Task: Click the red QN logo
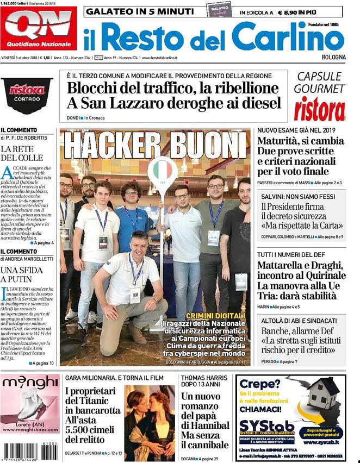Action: pyautogui.click(x=38, y=28)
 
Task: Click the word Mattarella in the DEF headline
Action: pyautogui.click(x=284, y=266)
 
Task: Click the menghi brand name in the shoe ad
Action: pyautogui.click(x=30, y=383)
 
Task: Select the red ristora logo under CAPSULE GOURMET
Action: pyautogui.click(x=320, y=109)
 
